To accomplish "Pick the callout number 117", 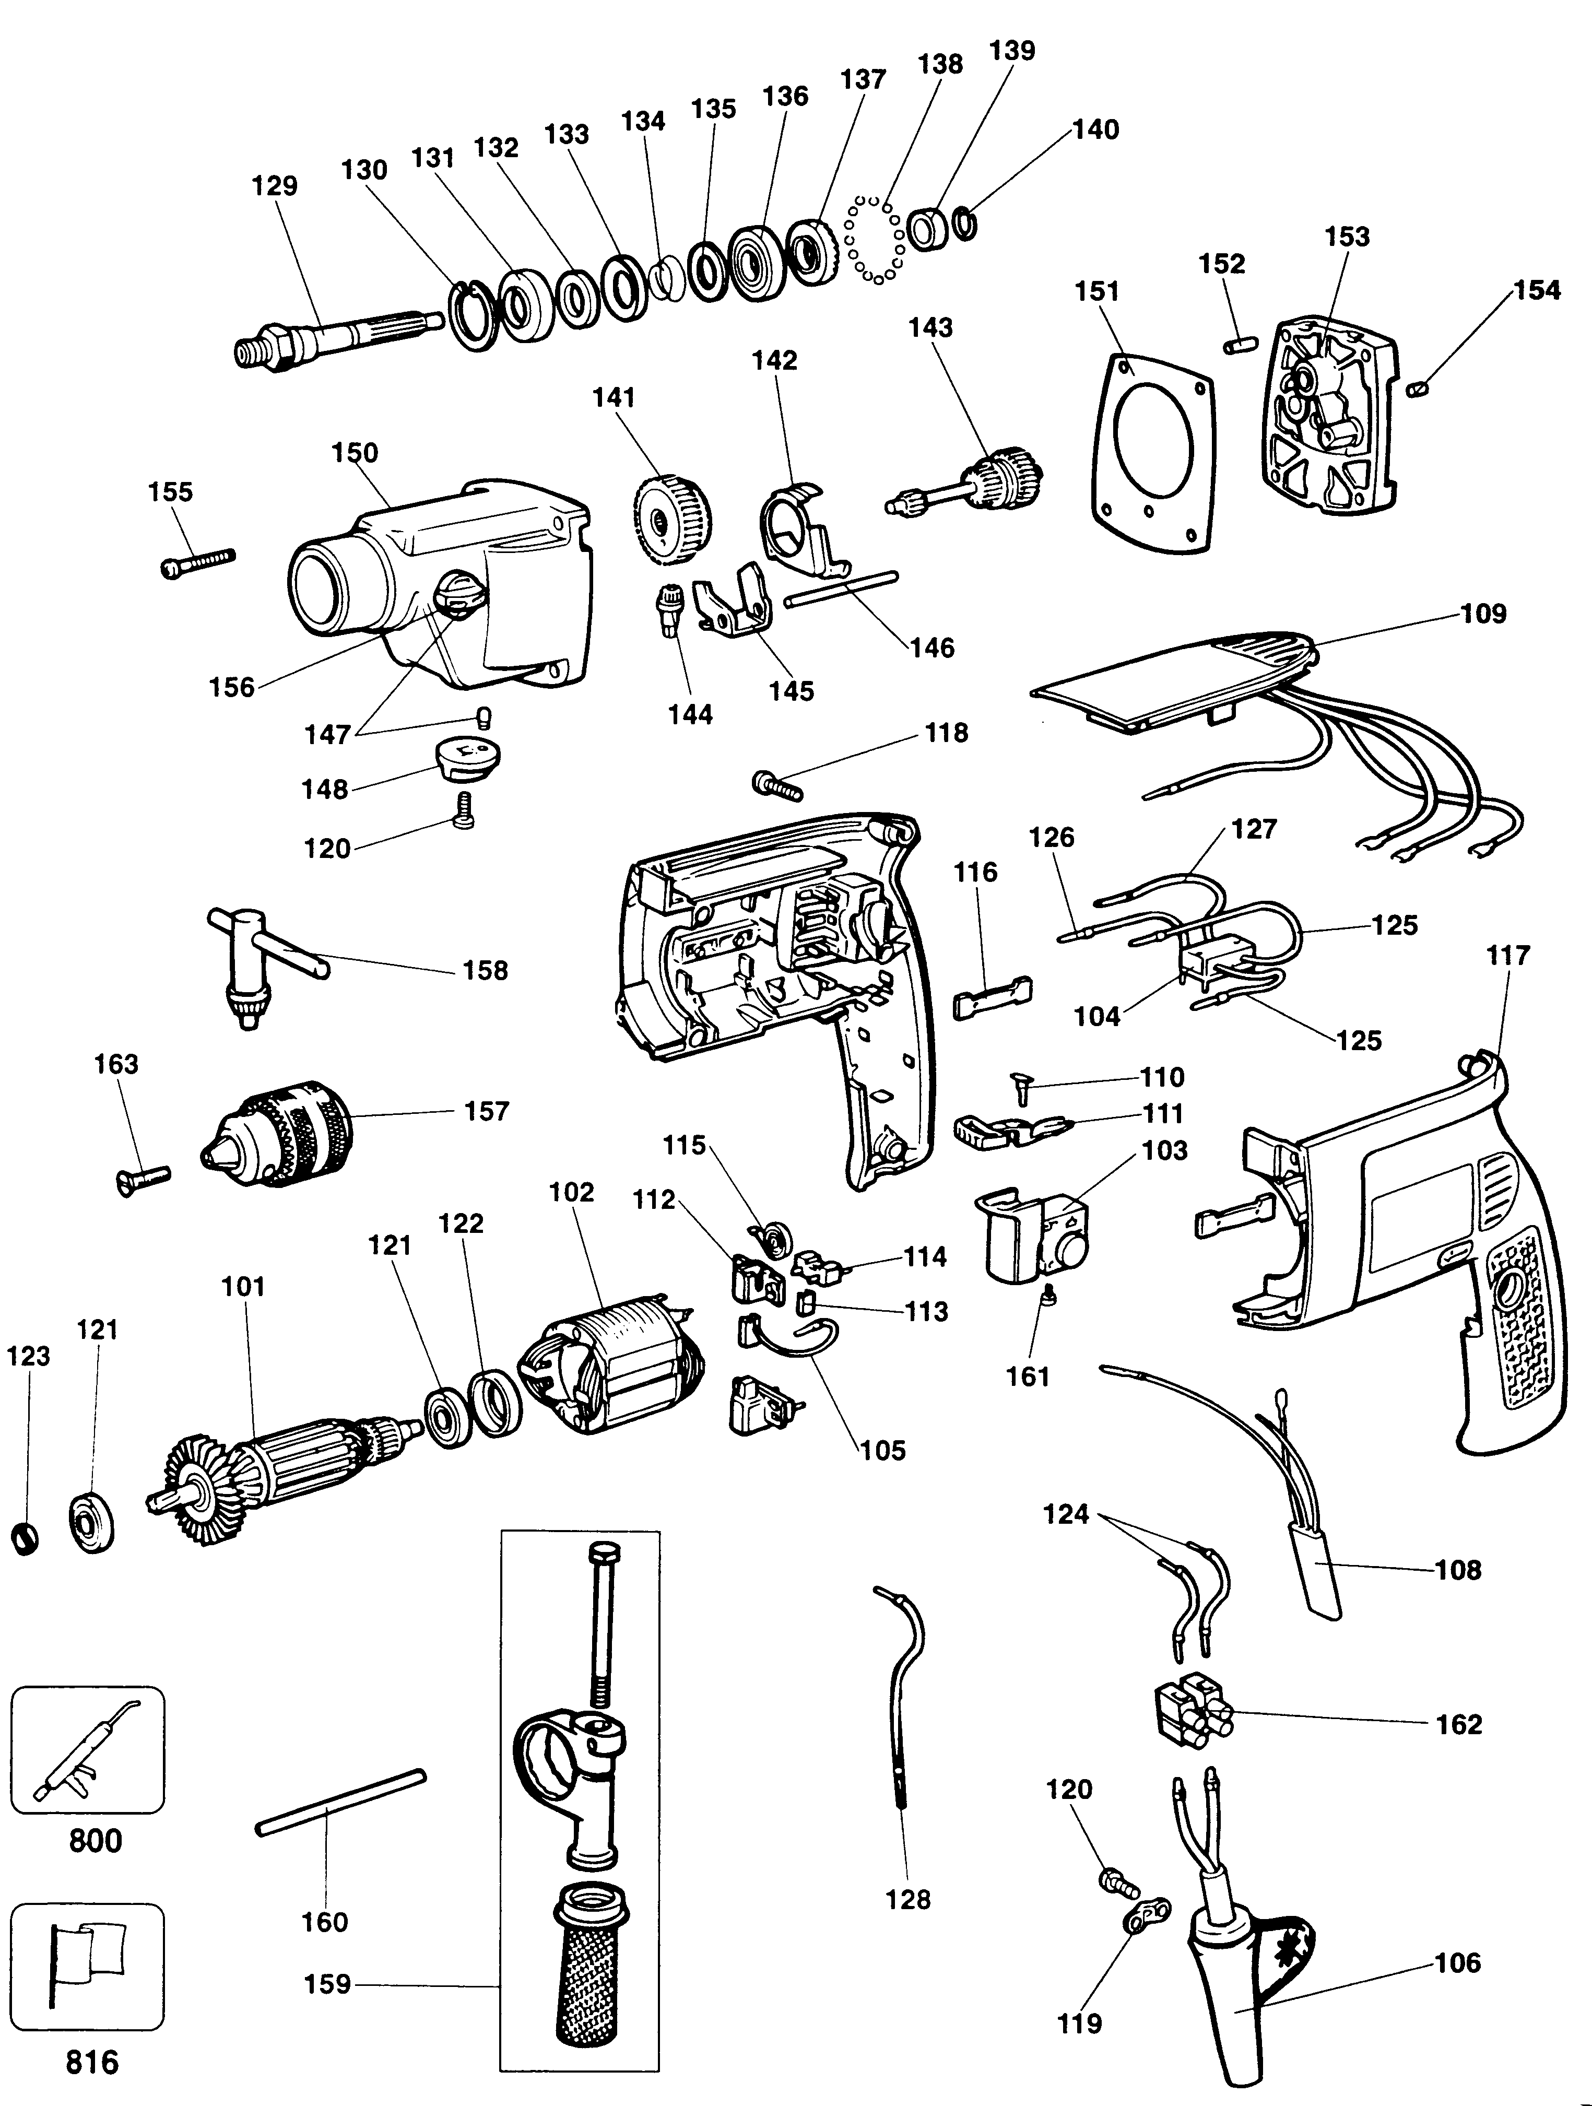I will (x=1507, y=955).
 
